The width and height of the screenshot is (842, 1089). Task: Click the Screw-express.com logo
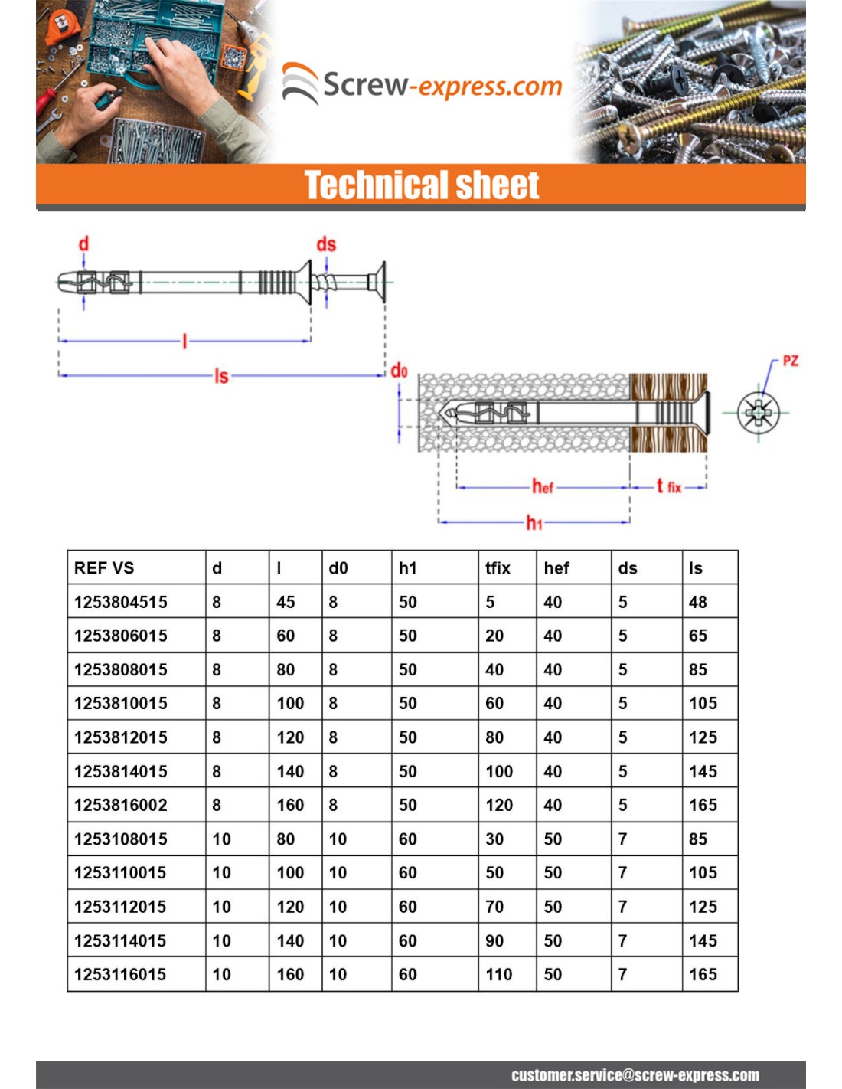(422, 84)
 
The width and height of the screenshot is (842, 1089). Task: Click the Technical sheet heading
(422, 185)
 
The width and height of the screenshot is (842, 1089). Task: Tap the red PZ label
(790, 361)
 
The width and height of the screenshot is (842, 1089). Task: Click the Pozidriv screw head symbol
(758, 413)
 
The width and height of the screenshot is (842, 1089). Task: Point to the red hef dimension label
(543, 486)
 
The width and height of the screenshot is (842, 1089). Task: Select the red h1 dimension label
(534, 523)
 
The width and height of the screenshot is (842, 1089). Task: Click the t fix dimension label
(668, 486)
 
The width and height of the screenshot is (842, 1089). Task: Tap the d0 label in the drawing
(399, 371)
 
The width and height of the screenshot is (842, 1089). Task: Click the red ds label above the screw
(326, 244)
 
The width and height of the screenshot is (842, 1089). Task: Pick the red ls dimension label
(221, 376)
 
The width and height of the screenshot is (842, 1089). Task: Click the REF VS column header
(104, 568)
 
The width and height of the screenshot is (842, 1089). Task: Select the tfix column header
(498, 568)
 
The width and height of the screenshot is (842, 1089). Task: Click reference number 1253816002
(121, 805)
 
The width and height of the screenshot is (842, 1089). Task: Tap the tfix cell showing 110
(499, 974)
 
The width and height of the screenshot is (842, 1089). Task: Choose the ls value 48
(697, 602)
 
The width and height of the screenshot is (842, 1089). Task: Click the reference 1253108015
(121, 839)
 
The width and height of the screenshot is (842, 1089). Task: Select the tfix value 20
(494, 636)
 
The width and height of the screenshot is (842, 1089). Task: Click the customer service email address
(635, 1075)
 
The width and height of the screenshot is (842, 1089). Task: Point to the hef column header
(556, 568)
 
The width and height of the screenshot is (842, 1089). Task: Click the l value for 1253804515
(286, 602)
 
